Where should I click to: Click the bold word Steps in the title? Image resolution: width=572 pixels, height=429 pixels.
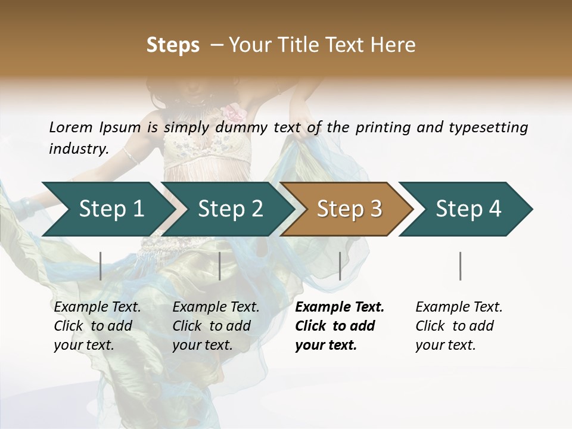click(x=173, y=45)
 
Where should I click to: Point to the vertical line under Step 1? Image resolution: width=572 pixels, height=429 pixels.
click(x=101, y=266)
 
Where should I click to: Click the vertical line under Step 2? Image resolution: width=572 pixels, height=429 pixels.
click(x=220, y=266)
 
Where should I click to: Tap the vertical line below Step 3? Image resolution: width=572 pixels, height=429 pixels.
click(x=340, y=266)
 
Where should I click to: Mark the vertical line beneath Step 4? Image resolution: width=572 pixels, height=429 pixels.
click(x=461, y=266)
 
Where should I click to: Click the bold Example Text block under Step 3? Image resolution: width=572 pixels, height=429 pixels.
click(x=339, y=326)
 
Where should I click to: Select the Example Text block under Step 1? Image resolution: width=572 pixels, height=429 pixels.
click(x=97, y=326)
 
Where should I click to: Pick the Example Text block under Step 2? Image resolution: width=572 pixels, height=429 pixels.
click(x=216, y=326)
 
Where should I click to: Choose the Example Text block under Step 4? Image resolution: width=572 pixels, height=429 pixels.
click(x=459, y=326)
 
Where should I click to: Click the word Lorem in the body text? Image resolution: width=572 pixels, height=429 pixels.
click(x=71, y=128)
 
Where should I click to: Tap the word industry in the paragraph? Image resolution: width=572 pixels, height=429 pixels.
click(x=79, y=149)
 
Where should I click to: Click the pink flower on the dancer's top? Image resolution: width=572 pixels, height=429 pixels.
click(x=234, y=112)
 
